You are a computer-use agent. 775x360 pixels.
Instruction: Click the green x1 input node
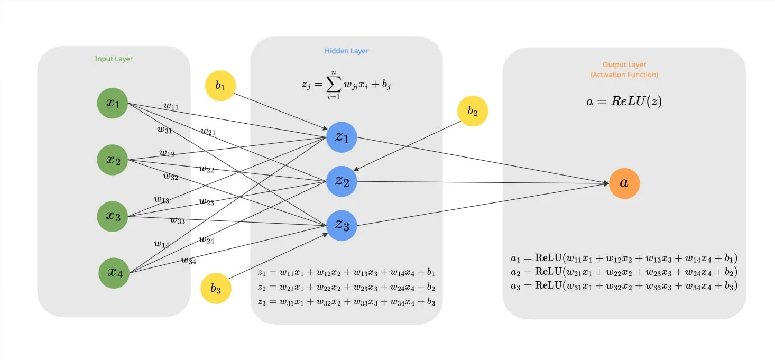click(113, 104)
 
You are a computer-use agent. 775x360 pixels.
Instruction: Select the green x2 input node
click(113, 160)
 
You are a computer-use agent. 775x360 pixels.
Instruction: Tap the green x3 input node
click(113, 216)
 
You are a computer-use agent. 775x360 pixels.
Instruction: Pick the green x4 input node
click(114, 273)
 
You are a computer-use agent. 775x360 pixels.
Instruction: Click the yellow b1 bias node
click(220, 86)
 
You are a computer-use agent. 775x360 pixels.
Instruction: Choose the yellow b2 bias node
click(473, 112)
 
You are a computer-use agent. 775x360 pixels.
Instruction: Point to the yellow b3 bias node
click(216, 289)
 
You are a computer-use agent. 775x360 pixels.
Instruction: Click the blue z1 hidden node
click(342, 138)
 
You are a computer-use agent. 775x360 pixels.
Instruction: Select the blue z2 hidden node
click(342, 181)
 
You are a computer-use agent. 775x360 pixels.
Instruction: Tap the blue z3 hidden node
click(342, 225)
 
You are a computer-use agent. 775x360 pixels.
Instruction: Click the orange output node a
click(624, 183)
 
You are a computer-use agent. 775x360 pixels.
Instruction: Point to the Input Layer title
click(114, 59)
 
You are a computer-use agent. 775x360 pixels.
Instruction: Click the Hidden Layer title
click(346, 51)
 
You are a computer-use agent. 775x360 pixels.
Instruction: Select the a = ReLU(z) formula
click(624, 102)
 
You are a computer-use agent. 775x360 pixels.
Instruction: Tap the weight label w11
click(171, 106)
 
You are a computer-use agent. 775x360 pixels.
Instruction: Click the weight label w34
click(189, 260)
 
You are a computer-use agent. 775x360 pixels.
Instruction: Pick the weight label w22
click(207, 169)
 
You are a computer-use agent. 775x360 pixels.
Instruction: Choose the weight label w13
click(162, 200)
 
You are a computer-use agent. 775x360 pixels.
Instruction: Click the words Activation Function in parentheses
click(624, 75)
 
